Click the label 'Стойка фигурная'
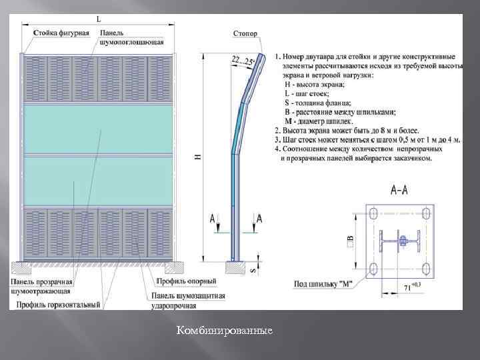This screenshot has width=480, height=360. pos(61,33)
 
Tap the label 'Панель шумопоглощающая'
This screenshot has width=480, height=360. pos(131,37)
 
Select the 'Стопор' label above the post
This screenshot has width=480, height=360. pos(245,33)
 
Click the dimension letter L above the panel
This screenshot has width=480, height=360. pos(99,19)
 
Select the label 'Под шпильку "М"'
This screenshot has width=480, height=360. pos(323,284)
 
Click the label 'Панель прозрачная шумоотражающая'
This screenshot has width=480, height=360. pos(41,286)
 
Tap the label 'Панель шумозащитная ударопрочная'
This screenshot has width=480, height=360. pos(187,300)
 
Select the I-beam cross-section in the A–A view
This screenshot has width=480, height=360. pos(399,241)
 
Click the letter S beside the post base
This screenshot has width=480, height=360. pos(251,271)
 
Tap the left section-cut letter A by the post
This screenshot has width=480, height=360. pos(212,219)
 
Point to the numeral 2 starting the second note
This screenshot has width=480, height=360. pos(277,131)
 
